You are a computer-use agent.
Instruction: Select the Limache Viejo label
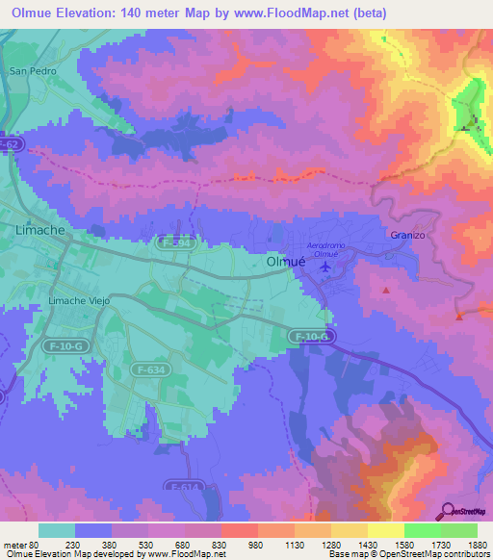coord(80,301)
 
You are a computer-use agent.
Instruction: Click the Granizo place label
coord(407,235)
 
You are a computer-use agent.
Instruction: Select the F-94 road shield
coord(176,245)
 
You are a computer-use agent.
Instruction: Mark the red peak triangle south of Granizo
coord(386,289)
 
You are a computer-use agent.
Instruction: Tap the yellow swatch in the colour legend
coord(385,530)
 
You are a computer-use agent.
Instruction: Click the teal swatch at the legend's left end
coord(57,530)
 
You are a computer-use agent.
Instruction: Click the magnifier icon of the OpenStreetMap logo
coord(448,511)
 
